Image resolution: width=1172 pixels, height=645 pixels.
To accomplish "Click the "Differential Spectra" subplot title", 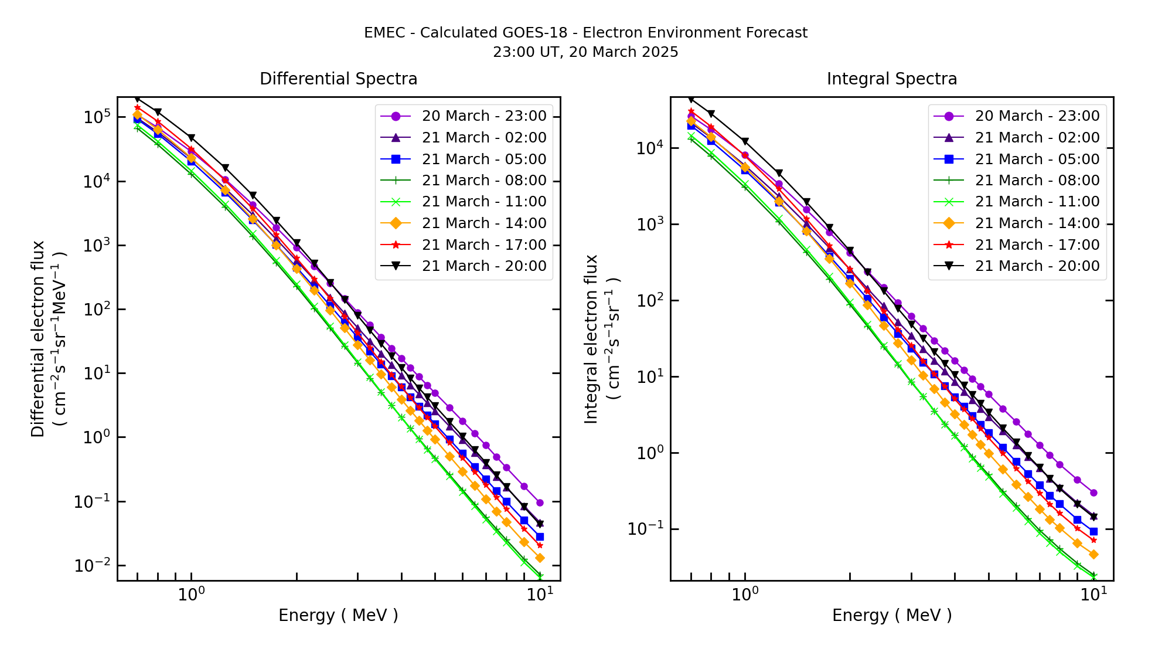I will tap(338, 79).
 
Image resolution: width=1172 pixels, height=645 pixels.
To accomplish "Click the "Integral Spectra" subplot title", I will tap(891, 79).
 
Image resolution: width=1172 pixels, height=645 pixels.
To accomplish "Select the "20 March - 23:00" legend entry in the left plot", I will tap(483, 116).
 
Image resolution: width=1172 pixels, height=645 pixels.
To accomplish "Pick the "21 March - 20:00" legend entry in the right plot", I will tap(1037, 266).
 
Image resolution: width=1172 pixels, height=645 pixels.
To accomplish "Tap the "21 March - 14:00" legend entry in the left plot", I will tap(483, 223).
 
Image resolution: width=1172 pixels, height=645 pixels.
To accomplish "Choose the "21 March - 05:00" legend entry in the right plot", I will tap(1037, 159).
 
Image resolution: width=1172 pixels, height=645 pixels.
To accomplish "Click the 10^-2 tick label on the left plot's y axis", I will tap(92, 565).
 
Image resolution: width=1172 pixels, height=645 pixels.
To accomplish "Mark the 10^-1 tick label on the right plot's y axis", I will tap(645, 529).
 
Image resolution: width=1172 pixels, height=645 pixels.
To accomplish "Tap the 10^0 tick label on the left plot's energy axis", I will tap(191, 595).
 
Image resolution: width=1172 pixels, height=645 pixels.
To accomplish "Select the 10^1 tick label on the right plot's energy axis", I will tap(1093, 595).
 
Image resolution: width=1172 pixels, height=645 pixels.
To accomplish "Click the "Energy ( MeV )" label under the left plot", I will tap(338, 615).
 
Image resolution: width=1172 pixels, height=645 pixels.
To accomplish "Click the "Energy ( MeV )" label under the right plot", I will tap(891, 615).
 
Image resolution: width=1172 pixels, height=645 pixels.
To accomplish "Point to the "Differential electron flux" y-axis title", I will tap(38, 338).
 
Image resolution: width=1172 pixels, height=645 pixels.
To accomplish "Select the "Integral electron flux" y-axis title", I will tap(591, 338).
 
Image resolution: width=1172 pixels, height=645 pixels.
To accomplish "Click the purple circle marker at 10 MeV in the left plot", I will tap(540, 503).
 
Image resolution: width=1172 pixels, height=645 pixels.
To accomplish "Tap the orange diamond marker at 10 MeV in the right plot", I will tap(1093, 554).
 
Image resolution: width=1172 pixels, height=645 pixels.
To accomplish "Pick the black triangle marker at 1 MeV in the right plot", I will tap(745, 141).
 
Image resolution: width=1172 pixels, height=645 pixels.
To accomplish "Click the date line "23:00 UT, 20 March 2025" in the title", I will tap(585, 52).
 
